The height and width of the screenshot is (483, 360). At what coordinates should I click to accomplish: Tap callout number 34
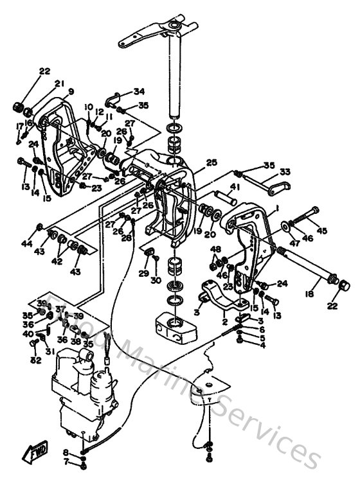pyautogui.click(x=139, y=91)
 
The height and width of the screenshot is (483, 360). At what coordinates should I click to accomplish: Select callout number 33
pyautogui.click(x=285, y=171)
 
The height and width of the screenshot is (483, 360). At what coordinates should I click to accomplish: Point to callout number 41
pyautogui.click(x=235, y=187)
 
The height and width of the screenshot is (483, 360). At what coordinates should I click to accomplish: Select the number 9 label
pyautogui.click(x=71, y=92)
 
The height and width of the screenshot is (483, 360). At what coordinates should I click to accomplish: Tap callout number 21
pyautogui.click(x=60, y=83)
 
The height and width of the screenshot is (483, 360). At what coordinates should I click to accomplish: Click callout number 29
pyautogui.click(x=143, y=273)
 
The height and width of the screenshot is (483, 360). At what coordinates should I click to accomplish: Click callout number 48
pyautogui.click(x=216, y=249)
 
